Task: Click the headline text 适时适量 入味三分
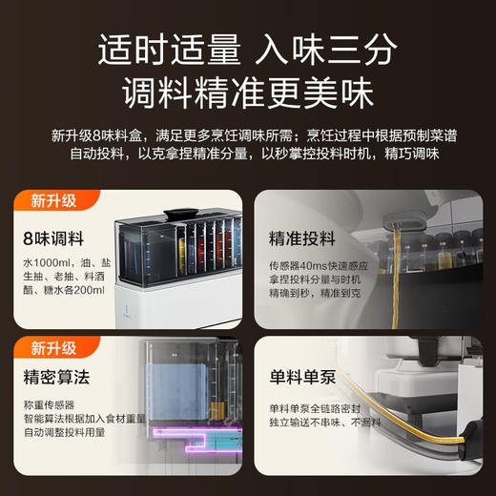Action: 248,48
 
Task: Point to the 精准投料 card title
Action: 302,237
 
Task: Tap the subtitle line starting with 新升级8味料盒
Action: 248,134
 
